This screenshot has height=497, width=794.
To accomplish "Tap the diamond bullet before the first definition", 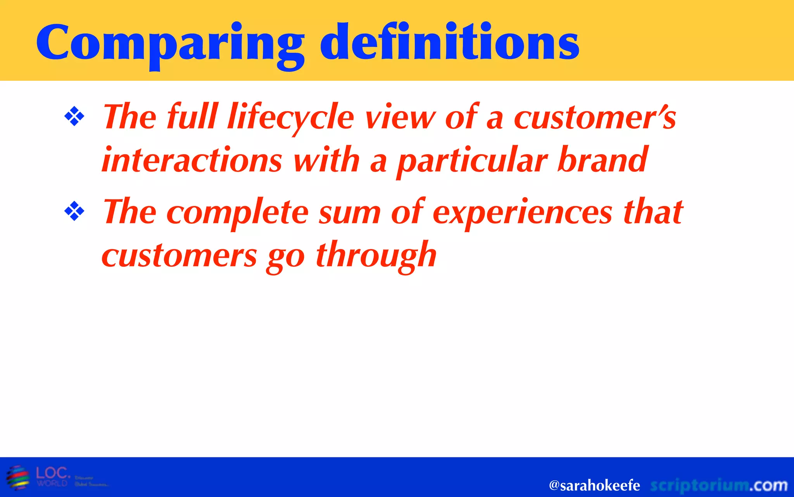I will point(74,116).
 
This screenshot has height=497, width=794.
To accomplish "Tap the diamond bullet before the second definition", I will point(74,211).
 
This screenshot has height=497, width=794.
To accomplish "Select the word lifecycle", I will point(291,117).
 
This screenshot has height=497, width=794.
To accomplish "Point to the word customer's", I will point(595,117).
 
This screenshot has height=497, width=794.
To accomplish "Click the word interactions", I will point(192,160).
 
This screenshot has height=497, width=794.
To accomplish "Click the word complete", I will point(238,213).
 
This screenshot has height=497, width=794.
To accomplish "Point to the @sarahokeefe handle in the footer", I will point(594,485).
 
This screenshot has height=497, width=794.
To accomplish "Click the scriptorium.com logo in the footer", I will point(718,485).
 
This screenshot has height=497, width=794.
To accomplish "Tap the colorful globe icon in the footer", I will point(18,477).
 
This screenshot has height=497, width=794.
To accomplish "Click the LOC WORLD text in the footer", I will point(53,476).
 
